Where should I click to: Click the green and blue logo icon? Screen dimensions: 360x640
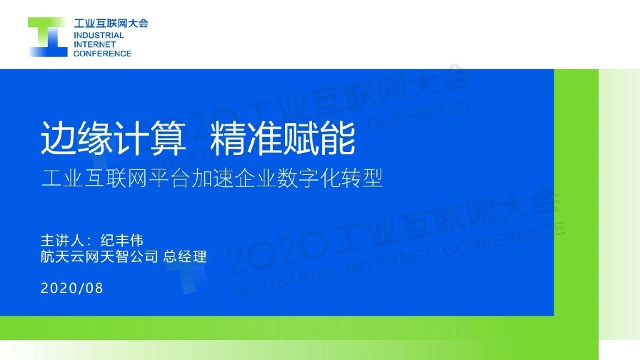pyautogui.click(x=47, y=37)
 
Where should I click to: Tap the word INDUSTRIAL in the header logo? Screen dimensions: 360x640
pyautogui.click(x=99, y=36)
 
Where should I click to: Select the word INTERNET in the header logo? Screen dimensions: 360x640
pyautogui.click(x=94, y=44)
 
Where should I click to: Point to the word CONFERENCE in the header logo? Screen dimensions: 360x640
pyautogui.click(x=102, y=54)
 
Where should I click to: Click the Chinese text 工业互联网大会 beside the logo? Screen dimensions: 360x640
pyautogui.click(x=111, y=24)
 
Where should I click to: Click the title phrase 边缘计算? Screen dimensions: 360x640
pyautogui.click(x=114, y=138)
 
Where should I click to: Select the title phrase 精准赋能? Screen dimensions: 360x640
pyautogui.click(x=283, y=138)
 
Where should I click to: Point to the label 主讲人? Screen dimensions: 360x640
pyautogui.click(x=61, y=241)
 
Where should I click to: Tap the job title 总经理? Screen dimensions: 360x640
pyautogui.click(x=185, y=256)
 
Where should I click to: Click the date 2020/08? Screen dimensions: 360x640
pyautogui.click(x=71, y=289)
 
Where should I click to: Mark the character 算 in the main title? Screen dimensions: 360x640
pyautogui.click(x=168, y=138)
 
